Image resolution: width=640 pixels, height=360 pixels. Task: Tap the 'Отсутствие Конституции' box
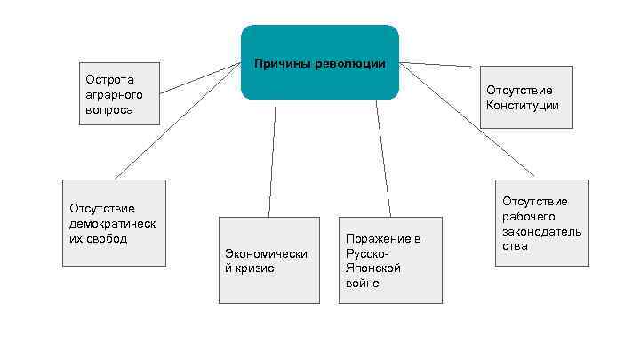[526, 97]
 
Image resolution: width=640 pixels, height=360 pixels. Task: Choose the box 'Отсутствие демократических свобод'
[113, 223]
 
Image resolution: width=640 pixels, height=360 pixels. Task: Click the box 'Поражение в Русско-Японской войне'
[390, 260]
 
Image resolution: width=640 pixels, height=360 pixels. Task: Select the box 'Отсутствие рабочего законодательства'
[541, 223]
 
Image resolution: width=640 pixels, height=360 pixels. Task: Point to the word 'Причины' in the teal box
[280, 64]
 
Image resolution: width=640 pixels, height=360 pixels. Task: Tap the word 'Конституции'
[523, 105]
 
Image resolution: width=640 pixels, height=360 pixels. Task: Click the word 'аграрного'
[109, 94]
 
